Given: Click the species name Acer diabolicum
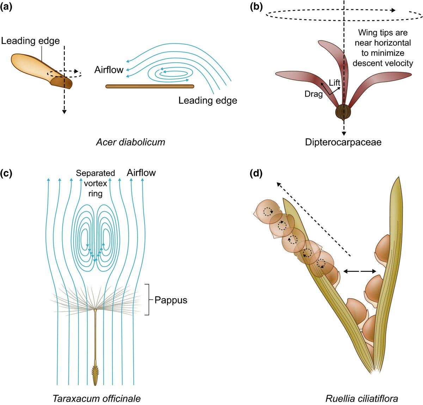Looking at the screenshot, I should click(130, 142).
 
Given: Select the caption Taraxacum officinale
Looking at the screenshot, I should click(96, 398).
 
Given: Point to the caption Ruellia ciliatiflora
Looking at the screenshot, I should click(362, 398).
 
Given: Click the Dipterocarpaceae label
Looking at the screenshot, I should click(343, 142).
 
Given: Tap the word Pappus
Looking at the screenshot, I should click(171, 300).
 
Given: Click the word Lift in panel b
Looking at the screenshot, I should click(335, 83).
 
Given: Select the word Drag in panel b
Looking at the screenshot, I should click(314, 94).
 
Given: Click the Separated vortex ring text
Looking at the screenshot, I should click(95, 183).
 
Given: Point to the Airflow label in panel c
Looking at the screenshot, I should click(141, 173).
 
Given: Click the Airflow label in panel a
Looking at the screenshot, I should click(109, 70).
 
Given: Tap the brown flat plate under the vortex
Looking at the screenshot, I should click(150, 86).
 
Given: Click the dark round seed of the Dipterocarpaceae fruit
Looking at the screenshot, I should click(343, 112).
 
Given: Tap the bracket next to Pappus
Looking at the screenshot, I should click(149, 299).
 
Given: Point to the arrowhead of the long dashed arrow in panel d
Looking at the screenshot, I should click(278, 183).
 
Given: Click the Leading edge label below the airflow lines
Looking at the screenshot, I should click(208, 101).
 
